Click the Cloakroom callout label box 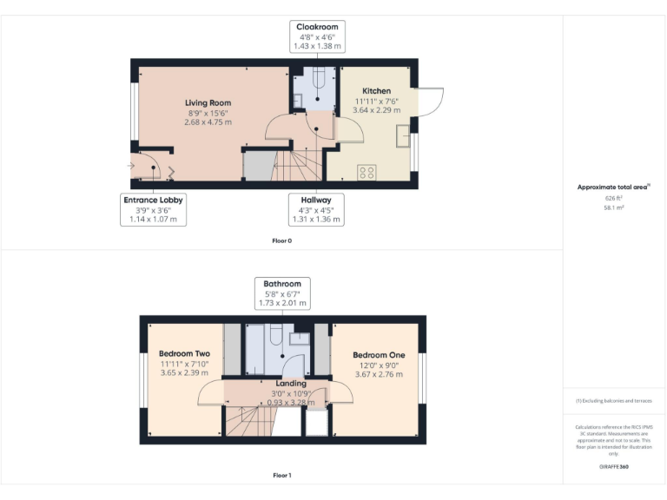pyautogui.click(x=317, y=36)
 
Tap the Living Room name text pyautogui.click(x=208, y=102)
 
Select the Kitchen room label pyautogui.click(x=376, y=91)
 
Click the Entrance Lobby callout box pyautogui.click(x=153, y=209)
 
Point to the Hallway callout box pyautogui.click(x=316, y=209)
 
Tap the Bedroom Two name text pyautogui.click(x=184, y=354)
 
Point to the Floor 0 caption pyautogui.click(x=281, y=240)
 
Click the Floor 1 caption pyautogui.click(x=281, y=475)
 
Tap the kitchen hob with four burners pyautogui.click(x=367, y=172)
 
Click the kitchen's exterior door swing pyautogui.click(x=431, y=100)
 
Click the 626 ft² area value pyautogui.click(x=614, y=198)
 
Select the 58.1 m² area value pyautogui.click(x=614, y=208)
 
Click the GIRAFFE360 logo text pyautogui.click(x=613, y=467)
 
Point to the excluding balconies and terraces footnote pyautogui.click(x=613, y=401)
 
